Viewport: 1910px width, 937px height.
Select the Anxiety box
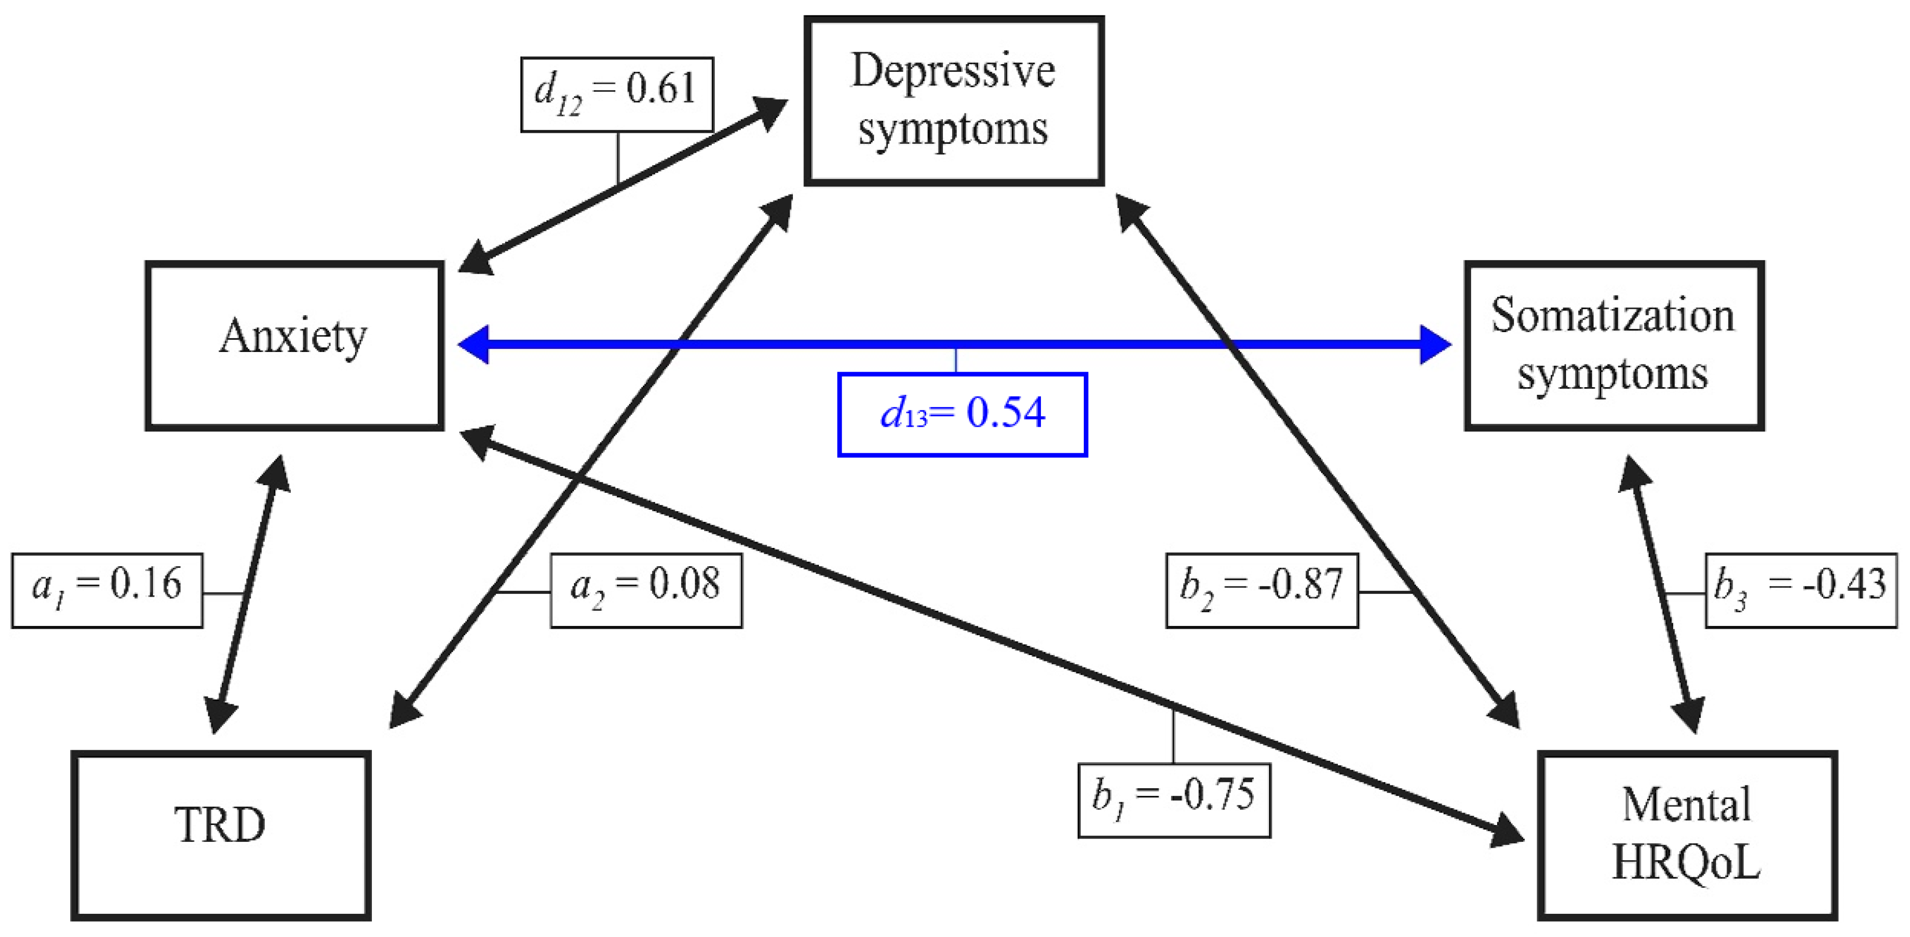click(294, 345)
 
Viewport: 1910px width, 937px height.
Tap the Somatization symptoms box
click(1613, 345)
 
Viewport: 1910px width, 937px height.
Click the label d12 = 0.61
click(617, 94)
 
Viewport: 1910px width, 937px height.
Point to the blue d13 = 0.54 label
click(962, 414)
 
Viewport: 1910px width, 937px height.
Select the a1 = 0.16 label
click(107, 590)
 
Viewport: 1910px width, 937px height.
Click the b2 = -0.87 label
click(1261, 590)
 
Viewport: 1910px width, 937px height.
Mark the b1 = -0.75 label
click(1173, 800)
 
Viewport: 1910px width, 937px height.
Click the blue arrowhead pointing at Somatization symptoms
click(1435, 344)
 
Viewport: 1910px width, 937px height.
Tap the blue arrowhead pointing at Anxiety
click(475, 344)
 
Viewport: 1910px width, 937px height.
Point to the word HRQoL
click(1686, 864)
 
